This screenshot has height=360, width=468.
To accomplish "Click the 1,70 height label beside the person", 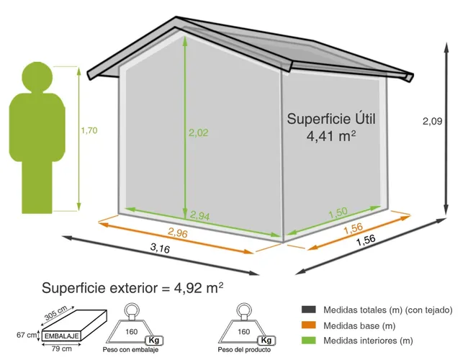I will [x=89, y=130].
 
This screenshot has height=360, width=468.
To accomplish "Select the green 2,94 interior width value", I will [x=200, y=215].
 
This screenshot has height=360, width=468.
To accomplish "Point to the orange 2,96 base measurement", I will [x=179, y=233].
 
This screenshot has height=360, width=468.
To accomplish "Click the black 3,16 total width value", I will [x=161, y=248].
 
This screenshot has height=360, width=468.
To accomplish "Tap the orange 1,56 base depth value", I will [x=353, y=229].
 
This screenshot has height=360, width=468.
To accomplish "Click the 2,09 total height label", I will [x=433, y=122].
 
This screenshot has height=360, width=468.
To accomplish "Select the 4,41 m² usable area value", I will [x=332, y=135].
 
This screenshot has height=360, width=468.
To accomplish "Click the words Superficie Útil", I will [x=332, y=118].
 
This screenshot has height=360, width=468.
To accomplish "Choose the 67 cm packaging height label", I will [x=26, y=335].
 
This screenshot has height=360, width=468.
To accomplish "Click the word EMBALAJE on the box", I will [x=61, y=335].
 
